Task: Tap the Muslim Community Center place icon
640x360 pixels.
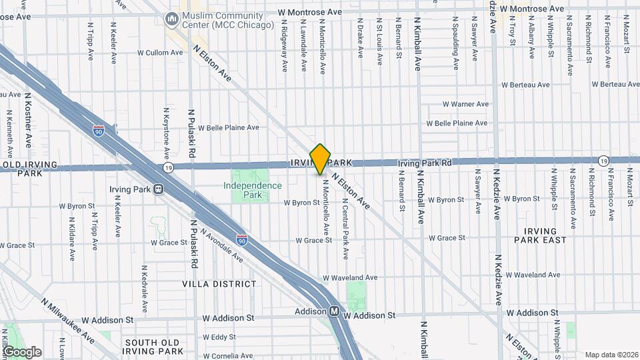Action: (x=173, y=19)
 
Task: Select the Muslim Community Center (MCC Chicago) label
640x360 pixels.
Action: (x=227, y=19)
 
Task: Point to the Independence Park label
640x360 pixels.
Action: (x=252, y=190)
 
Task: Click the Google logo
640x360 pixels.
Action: (x=22, y=352)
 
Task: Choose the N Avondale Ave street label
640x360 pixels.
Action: (x=222, y=247)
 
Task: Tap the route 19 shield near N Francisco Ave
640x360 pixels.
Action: (x=603, y=161)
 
